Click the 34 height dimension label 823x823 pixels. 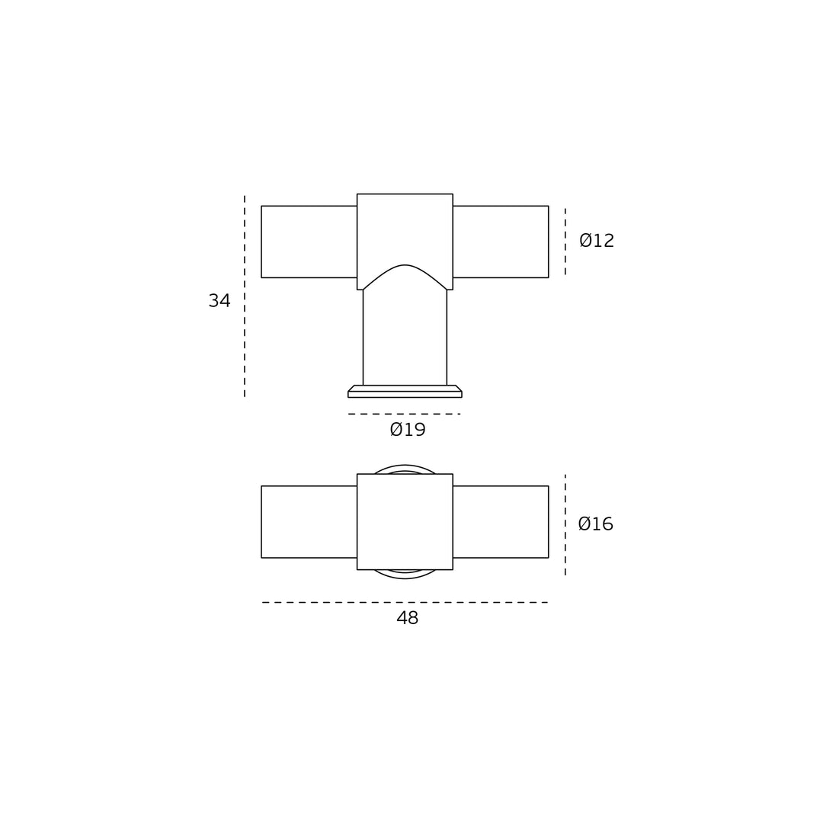(219, 301)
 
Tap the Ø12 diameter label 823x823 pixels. (597, 240)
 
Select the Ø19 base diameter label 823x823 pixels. (408, 430)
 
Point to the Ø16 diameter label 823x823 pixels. (596, 524)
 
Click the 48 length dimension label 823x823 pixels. (407, 618)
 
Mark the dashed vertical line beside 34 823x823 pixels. (245, 296)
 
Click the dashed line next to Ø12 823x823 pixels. (565, 242)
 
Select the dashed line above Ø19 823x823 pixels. (404, 414)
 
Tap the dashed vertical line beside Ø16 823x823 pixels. (565, 525)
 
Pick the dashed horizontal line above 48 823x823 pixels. (405, 603)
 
